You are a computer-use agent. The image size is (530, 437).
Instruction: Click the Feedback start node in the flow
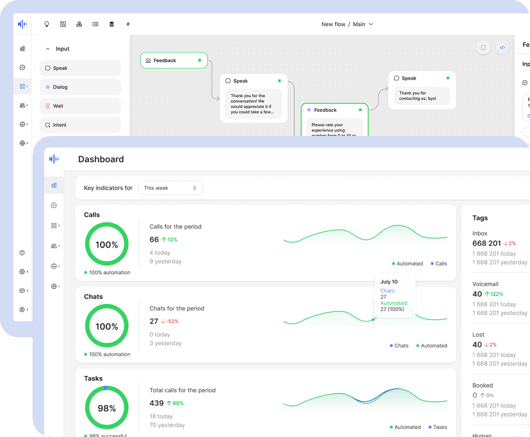click(173, 60)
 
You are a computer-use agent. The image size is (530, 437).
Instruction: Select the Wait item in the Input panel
click(80, 106)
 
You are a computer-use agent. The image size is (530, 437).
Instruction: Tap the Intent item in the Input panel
click(80, 125)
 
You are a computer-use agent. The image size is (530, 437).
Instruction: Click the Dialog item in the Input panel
click(80, 87)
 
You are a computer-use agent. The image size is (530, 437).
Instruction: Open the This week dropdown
click(170, 188)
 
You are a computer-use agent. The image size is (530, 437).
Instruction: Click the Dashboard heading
click(101, 159)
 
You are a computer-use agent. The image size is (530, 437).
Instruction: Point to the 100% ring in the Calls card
click(107, 245)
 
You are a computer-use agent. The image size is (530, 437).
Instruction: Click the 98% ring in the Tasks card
click(107, 409)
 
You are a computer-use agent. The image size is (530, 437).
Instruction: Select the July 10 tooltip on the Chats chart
click(395, 295)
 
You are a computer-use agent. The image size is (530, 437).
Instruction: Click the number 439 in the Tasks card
click(156, 403)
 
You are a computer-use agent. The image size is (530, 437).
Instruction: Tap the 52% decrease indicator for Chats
click(170, 321)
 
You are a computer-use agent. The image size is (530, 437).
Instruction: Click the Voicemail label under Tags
click(485, 284)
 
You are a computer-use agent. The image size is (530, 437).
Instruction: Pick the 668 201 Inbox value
click(486, 243)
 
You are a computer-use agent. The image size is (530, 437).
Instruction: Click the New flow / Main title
click(347, 24)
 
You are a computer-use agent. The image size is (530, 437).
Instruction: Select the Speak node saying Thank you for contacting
click(422, 90)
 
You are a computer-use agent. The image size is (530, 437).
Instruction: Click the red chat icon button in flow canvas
click(483, 48)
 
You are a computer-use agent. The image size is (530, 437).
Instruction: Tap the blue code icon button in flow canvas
click(503, 48)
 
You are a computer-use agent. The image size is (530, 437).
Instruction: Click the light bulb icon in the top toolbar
click(47, 24)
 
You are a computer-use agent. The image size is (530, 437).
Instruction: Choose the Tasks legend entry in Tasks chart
click(438, 427)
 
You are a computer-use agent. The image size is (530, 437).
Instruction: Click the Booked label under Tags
click(482, 385)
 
